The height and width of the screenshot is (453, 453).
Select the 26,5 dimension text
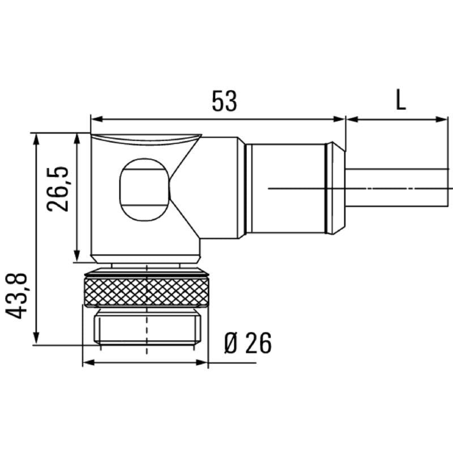58,189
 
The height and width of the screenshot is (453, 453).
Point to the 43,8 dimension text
19,295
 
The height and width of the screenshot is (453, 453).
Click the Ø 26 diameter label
247,343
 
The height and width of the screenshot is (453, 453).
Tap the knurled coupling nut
146,290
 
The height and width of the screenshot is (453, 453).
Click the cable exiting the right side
396,187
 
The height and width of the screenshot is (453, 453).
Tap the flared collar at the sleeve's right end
336,189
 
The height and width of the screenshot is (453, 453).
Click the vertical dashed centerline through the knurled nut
147,306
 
